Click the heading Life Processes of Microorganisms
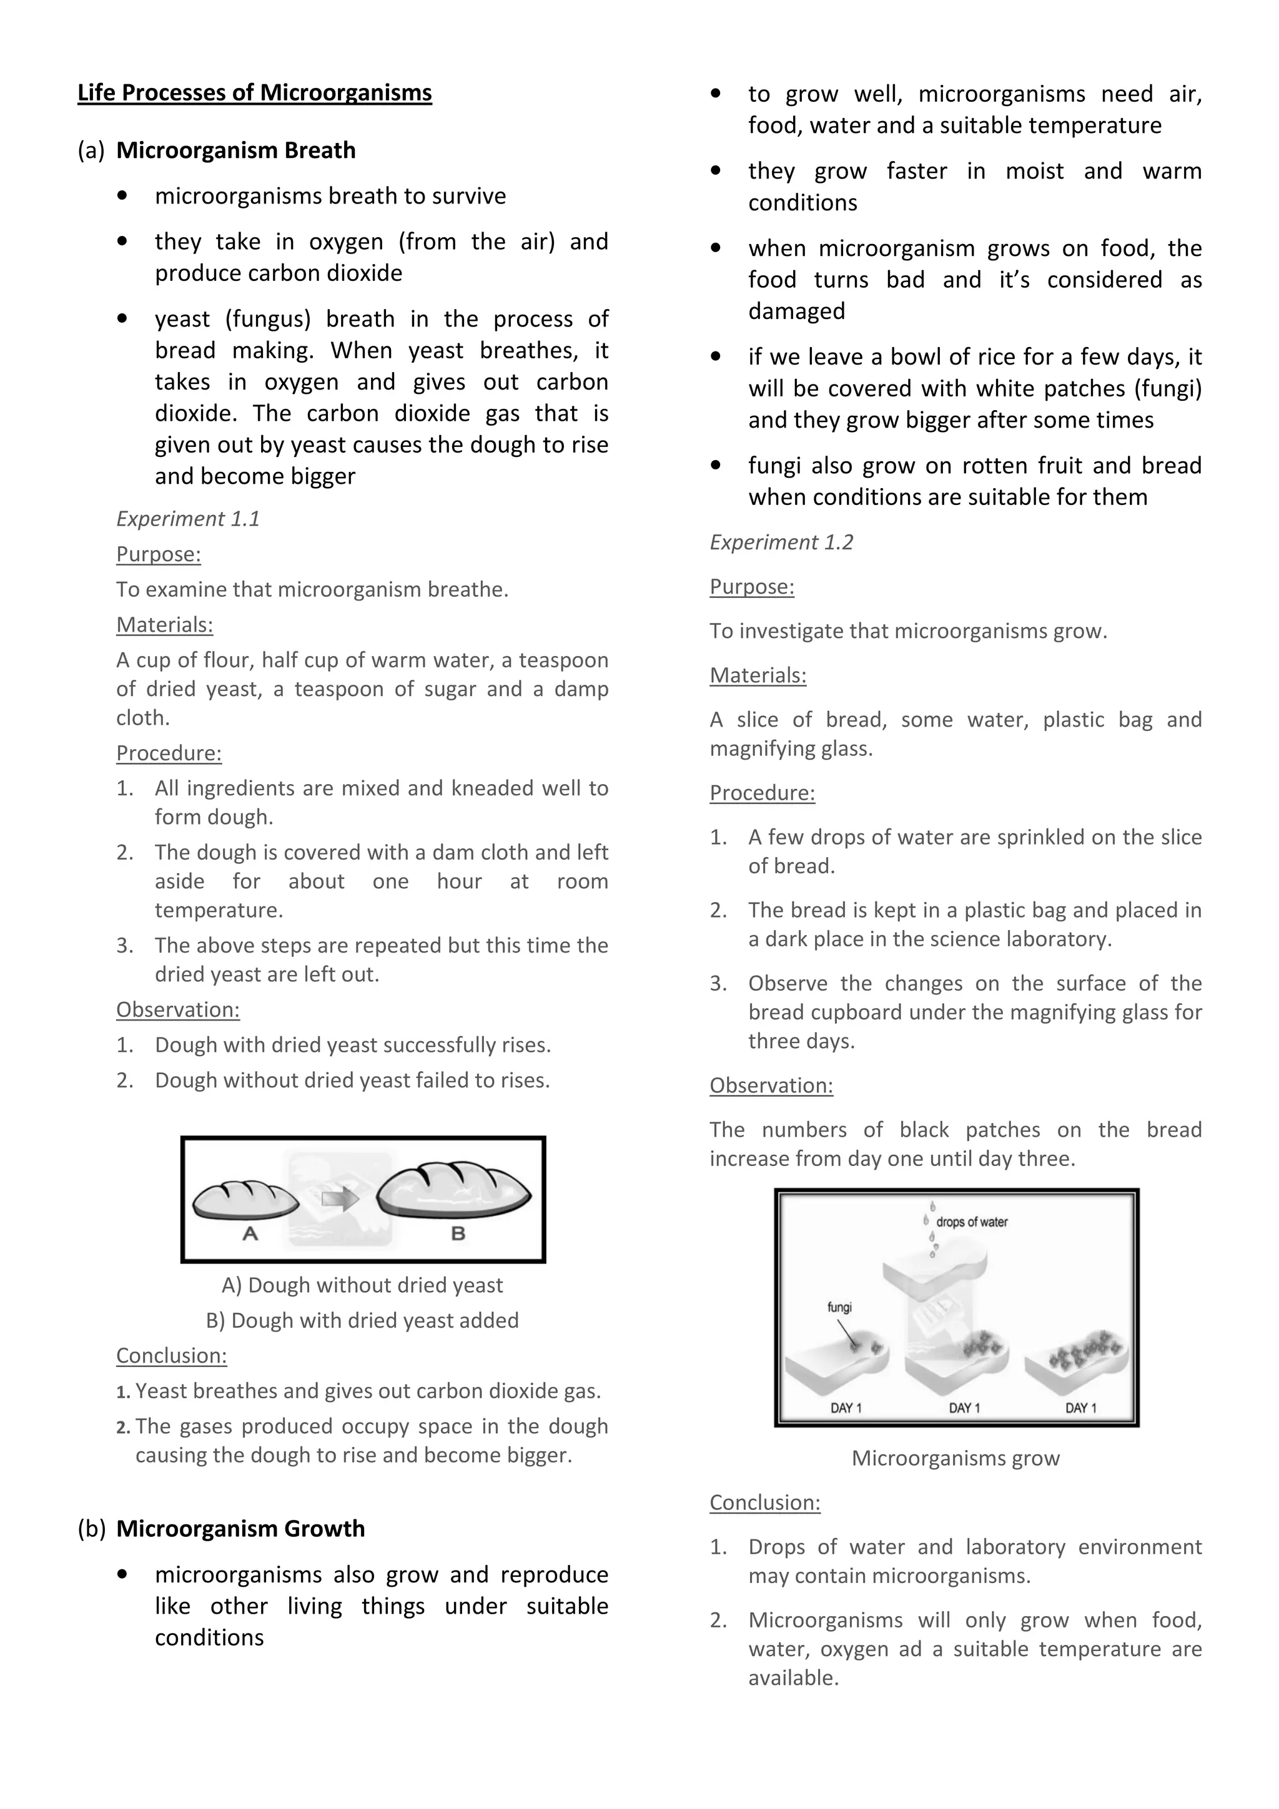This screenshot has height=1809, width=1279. (255, 93)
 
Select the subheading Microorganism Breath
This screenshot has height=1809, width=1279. (235, 150)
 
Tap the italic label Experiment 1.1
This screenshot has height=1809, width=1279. (187, 519)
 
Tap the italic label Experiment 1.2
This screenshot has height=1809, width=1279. (781, 542)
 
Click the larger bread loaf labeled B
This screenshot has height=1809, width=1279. (454, 1190)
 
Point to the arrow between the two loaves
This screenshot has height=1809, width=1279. (340, 1199)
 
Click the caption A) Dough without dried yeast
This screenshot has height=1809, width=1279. (362, 1285)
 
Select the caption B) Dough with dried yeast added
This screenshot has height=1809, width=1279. (362, 1320)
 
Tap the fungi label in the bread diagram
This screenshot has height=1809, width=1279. (839, 1307)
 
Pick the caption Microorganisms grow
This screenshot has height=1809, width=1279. (955, 1458)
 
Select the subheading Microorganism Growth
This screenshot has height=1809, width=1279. (240, 1529)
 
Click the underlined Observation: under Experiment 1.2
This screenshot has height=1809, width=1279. (771, 1086)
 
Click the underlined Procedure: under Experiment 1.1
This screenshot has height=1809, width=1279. (169, 753)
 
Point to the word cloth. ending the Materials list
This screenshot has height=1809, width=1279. (142, 718)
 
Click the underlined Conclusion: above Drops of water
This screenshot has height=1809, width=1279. (764, 1503)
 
